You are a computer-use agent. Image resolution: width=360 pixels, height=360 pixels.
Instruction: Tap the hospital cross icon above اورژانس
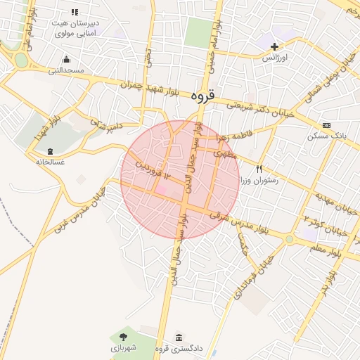275,46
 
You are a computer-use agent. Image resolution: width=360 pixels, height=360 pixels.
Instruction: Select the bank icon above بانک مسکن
326,125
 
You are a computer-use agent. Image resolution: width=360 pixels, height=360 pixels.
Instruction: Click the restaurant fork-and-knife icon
259,169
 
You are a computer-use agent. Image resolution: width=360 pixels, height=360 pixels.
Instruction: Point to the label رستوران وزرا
259,180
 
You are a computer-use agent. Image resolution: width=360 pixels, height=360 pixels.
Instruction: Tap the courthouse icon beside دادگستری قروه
179,337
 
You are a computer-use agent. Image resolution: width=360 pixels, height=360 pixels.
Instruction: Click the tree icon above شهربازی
124,337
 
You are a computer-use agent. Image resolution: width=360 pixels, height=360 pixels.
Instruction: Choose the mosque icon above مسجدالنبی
66,59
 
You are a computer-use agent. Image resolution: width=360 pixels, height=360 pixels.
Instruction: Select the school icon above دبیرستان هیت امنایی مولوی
75,12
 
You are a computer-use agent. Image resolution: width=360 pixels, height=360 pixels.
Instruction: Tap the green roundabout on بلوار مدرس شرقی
289,240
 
